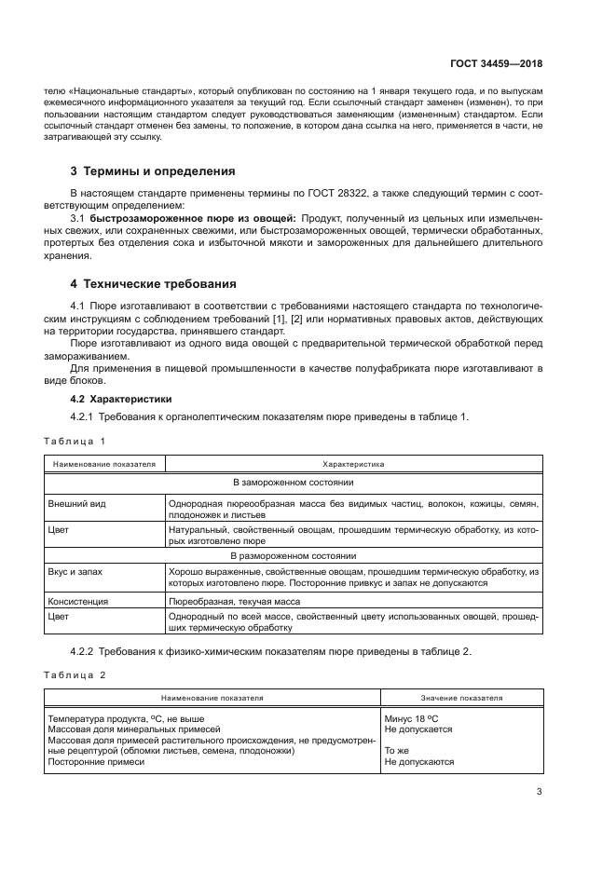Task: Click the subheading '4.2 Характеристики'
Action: (110, 398)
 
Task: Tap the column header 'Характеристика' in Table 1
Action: (353, 462)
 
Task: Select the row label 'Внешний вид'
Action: (76, 503)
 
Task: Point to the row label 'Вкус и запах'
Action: (77, 570)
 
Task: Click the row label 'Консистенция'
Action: (78, 602)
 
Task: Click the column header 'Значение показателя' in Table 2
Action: (462, 696)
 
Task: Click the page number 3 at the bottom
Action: (539, 793)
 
